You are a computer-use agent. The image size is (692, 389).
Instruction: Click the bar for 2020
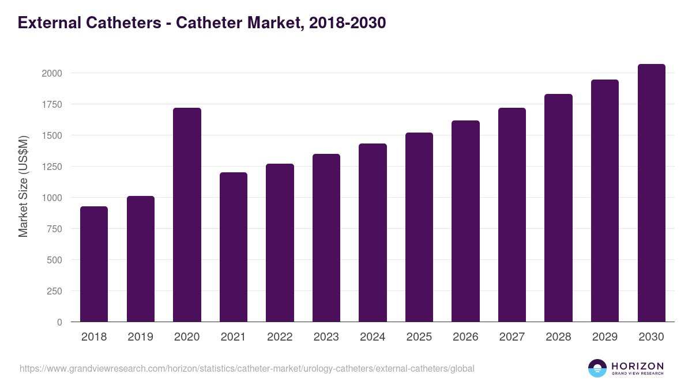coord(187,214)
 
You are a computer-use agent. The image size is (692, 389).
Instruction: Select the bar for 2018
coord(94,264)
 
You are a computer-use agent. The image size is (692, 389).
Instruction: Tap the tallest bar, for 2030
coord(651,192)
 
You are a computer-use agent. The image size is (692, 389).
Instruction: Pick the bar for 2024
coord(373,232)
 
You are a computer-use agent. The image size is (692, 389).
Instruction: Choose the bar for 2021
coord(234,247)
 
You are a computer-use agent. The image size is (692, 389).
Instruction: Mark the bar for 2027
coord(512,214)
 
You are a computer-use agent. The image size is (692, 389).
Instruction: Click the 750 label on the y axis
coord(54,229)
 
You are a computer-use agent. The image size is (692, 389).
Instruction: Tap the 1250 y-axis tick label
coord(51,167)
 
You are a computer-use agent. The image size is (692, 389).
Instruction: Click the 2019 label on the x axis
coord(140,337)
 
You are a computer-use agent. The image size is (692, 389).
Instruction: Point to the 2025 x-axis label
coord(419,337)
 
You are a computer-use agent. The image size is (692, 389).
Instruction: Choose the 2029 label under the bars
coord(605,337)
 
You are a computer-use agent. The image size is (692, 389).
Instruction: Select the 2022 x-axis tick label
coord(280,337)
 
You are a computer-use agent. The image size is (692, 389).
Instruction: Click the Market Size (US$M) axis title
coord(23,187)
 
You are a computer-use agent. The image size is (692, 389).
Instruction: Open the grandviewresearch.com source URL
coord(247,368)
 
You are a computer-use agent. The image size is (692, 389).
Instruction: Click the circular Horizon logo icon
coord(597,368)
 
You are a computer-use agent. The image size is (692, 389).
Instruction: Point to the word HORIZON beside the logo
coord(637,366)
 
